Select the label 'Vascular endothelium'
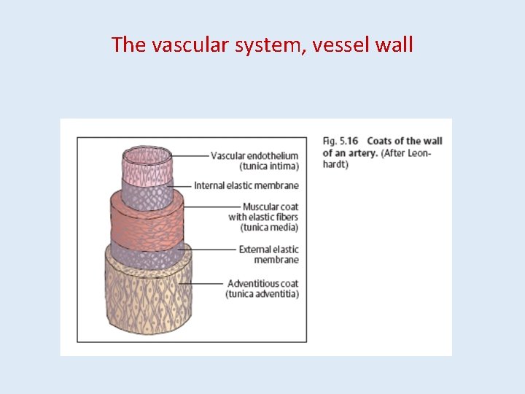pyautogui.click(x=254, y=155)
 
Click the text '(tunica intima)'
pyautogui.click(x=269, y=166)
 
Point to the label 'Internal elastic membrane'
pyautogui.click(x=246, y=186)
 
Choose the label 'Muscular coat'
pyautogui.click(x=271, y=207)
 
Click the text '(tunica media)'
pyautogui.click(x=269, y=228)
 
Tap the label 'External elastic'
pyautogui.click(x=268, y=250)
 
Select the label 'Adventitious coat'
pyautogui.click(x=262, y=283)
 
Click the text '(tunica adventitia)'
pyautogui.click(x=262, y=293)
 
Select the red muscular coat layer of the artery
pyautogui.click(x=146, y=223)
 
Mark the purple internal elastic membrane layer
pyautogui.click(x=147, y=196)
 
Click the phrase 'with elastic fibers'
pyautogui.click(x=263, y=217)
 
